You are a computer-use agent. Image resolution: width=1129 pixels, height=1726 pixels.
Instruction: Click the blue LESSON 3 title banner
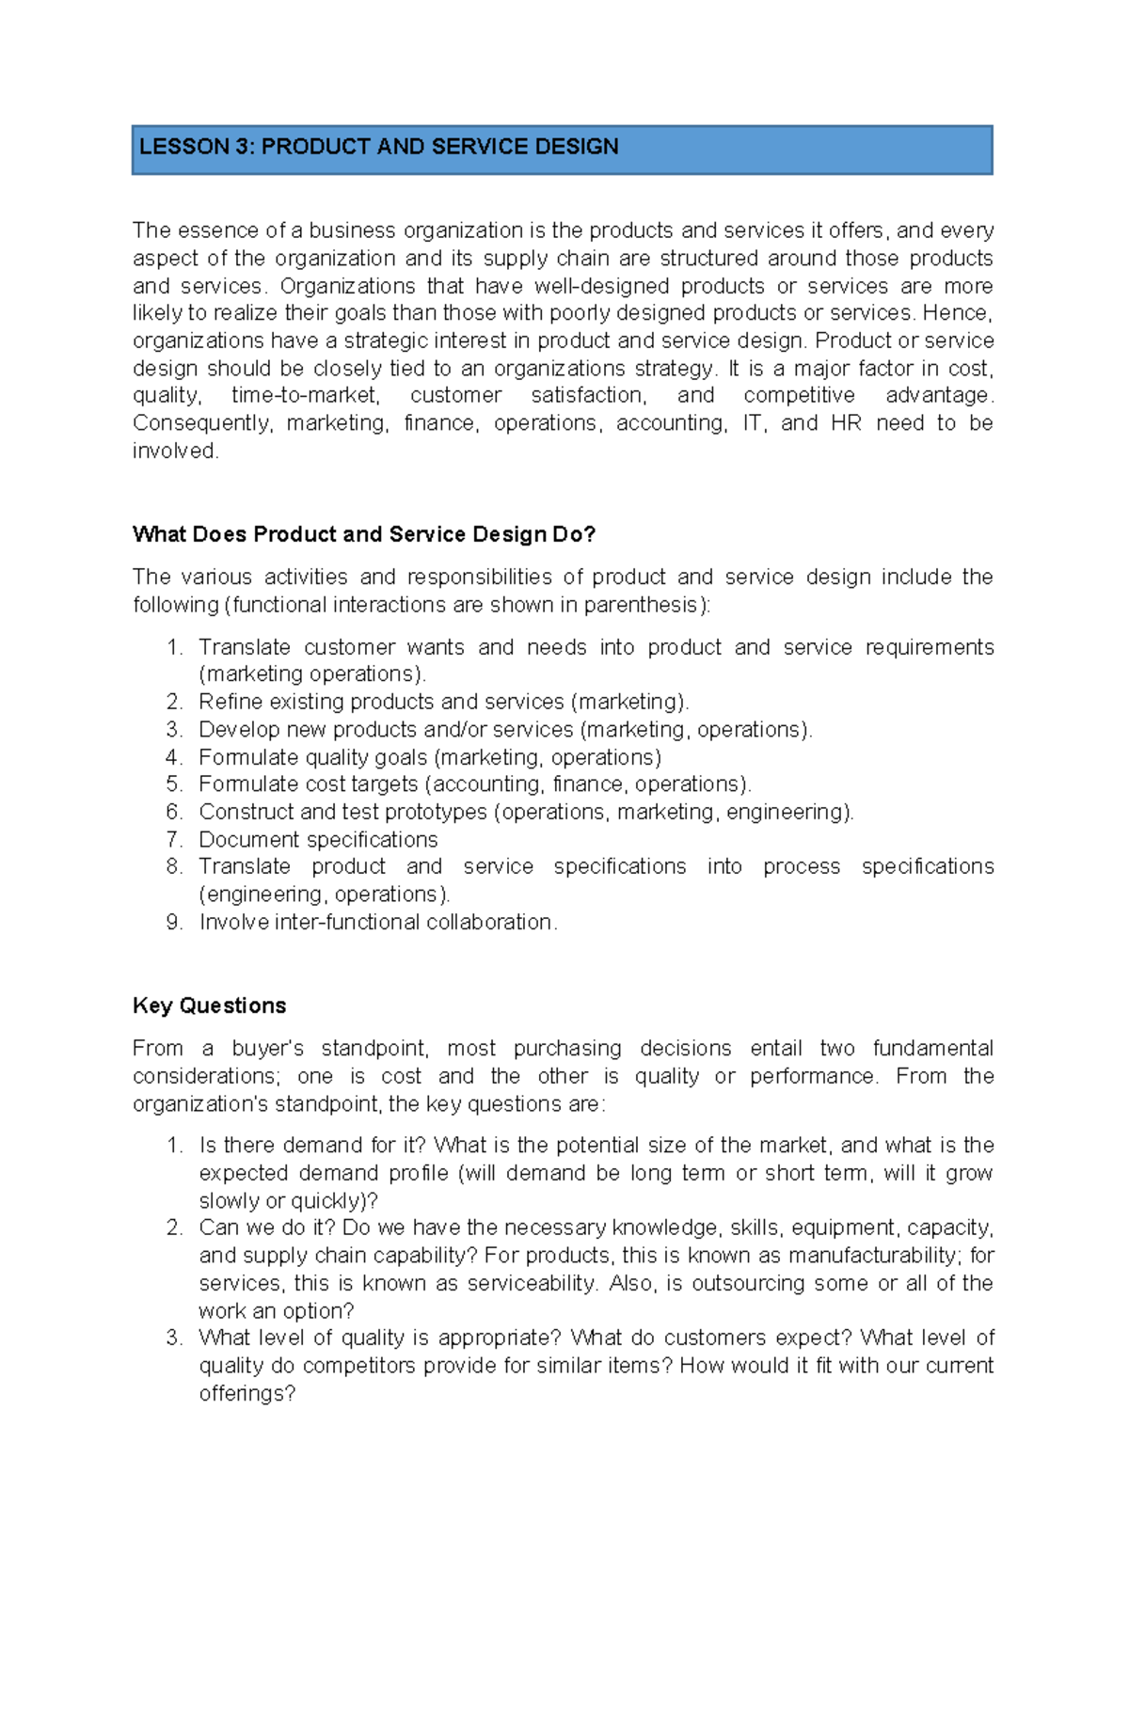tap(562, 150)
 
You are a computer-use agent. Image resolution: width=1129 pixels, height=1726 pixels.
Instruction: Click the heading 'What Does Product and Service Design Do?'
tap(364, 534)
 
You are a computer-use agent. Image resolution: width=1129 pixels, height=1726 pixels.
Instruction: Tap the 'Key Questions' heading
tap(209, 1006)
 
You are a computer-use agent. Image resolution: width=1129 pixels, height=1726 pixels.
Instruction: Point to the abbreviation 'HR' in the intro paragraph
tap(846, 423)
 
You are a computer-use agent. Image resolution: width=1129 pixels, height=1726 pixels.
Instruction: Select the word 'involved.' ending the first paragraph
tap(176, 451)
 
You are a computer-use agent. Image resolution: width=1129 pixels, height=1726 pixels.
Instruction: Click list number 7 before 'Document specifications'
tap(173, 839)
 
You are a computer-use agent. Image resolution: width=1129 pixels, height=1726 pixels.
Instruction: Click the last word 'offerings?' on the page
tap(246, 1394)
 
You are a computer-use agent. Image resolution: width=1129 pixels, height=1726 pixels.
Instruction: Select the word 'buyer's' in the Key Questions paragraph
tap(267, 1049)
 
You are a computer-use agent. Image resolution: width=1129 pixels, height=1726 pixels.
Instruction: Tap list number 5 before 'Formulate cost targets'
tap(173, 784)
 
